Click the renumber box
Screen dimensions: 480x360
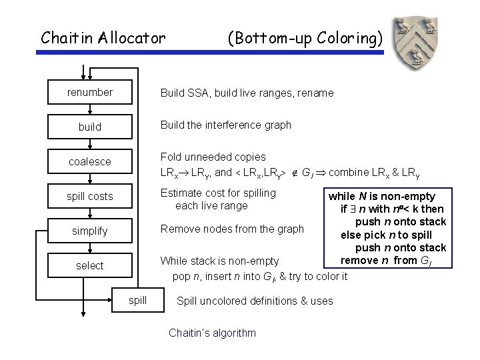click(x=90, y=93)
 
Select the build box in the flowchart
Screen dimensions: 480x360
click(x=90, y=127)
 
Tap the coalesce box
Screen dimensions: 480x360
click(x=90, y=161)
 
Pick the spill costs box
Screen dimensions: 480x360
click(x=90, y=196)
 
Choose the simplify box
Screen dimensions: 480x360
click(x=90, y=231)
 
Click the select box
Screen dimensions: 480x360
click(x=90, y=265)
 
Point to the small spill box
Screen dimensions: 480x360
click(x=137, y=300)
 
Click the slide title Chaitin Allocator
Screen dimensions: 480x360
click(x=103, y=38)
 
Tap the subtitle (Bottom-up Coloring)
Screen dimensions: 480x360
click(x=305, y=38)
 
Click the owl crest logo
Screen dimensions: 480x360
click(x=417, y=41)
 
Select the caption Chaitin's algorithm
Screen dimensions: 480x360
click(x=212, y=333)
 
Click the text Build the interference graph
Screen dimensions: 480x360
click(x=225, y=125)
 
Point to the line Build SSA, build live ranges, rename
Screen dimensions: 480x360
click(x=247, y=93)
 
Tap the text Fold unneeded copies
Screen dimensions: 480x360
click(x=213, y=157)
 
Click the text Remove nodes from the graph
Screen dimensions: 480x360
click(x=232, y=229)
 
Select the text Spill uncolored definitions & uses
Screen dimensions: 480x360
click(x=255, y=301)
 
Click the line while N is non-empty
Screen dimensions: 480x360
click(x=381, y=196)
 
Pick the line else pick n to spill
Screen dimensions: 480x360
click(x=386, y=235)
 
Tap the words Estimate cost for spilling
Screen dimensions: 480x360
click(x=218, y=193)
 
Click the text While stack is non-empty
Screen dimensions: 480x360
click(x=219, y=261)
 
